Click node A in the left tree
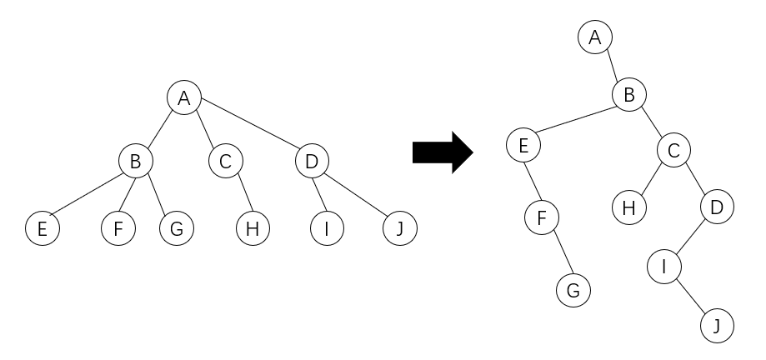click(x=184, y=97)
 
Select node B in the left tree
click(x=134, y=161)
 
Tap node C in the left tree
click(x=225, y=161)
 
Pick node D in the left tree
click(x=312, y=161)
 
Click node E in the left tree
click(x=43, y=227)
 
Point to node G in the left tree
click(x=175, y=227)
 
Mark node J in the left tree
click(x=399, y=227)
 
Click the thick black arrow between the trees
click(x=443, y=152)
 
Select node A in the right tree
click(x=594, y=37)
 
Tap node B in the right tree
click(x=629, y=95)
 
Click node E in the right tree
click(x=523, y=146)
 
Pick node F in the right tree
click(x=541, y=218)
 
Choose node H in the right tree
click(x=630, y=206)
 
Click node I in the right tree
click(x=664, y=267)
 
